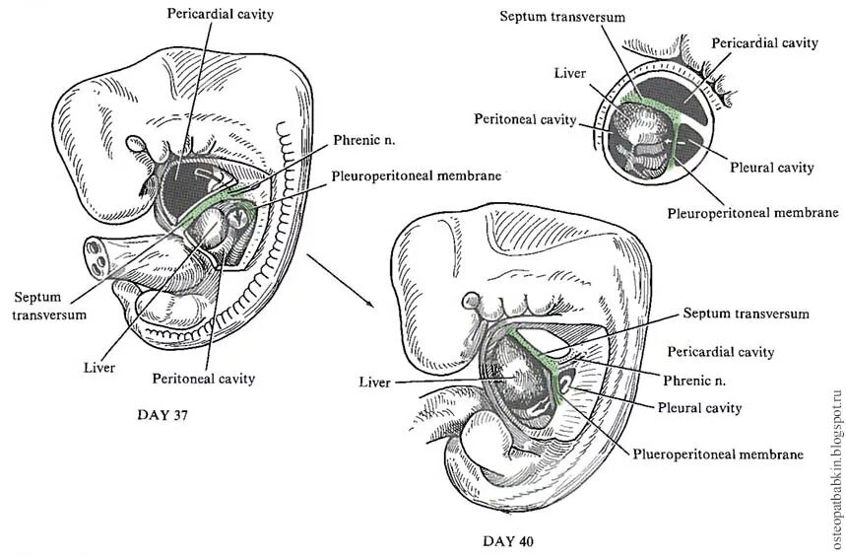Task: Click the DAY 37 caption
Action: (161, 415)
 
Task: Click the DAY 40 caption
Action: (509, 540)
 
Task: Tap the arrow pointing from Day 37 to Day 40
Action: (340, 279)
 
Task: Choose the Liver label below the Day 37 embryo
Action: (100, 367)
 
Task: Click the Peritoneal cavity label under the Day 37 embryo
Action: (204, 378)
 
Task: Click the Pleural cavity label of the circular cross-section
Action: (772, 168)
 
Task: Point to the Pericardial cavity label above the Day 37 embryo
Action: (221, 15)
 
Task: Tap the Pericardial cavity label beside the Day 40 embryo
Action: (720, 352)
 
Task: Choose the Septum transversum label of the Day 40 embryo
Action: (745, 313)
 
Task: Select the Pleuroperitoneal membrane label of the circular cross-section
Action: (752, 212)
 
